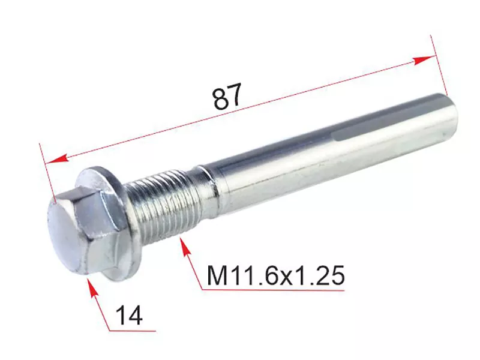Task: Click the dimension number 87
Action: (x=227, y=96)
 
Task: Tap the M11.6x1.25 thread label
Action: (x=276, y=275)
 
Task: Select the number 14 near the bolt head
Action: (x=130, y=316)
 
